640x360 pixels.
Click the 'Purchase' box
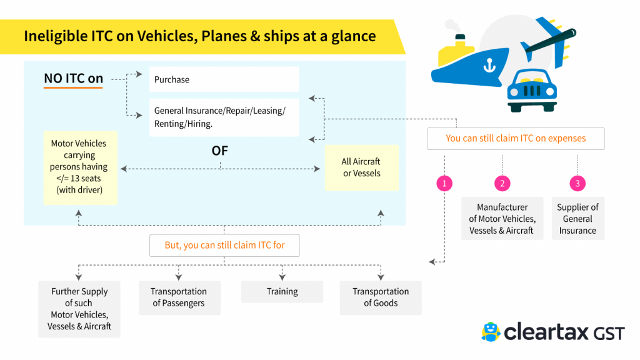click(x=224, y=80)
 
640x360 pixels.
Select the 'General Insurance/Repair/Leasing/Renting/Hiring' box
click(x=224, y=117)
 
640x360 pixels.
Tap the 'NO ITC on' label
click(x=73, y=79)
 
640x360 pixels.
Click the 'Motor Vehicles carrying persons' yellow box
click(x=79, y=167)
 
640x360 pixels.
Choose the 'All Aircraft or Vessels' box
click(x=361, y=167)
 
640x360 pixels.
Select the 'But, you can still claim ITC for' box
click(x=224, y=245)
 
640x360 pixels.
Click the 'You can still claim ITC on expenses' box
click(x=516, y=138)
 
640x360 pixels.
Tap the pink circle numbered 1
click(x=444, y=184)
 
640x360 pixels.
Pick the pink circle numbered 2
click(x=502, y=184)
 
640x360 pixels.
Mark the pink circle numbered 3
click(x=577, y=184)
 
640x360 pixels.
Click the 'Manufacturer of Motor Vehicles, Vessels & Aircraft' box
click(x=502, y=219)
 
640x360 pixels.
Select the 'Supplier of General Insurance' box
click(x=577, y=219)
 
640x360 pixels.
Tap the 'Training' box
click(x=282, y=292)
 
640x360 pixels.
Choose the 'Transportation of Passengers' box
click(x=179, y=297)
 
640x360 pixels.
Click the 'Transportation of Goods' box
click(x=381, y=297)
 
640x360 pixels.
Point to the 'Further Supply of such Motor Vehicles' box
click(x=79, y=309)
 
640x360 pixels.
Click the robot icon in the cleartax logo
click(x=491, y=332)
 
